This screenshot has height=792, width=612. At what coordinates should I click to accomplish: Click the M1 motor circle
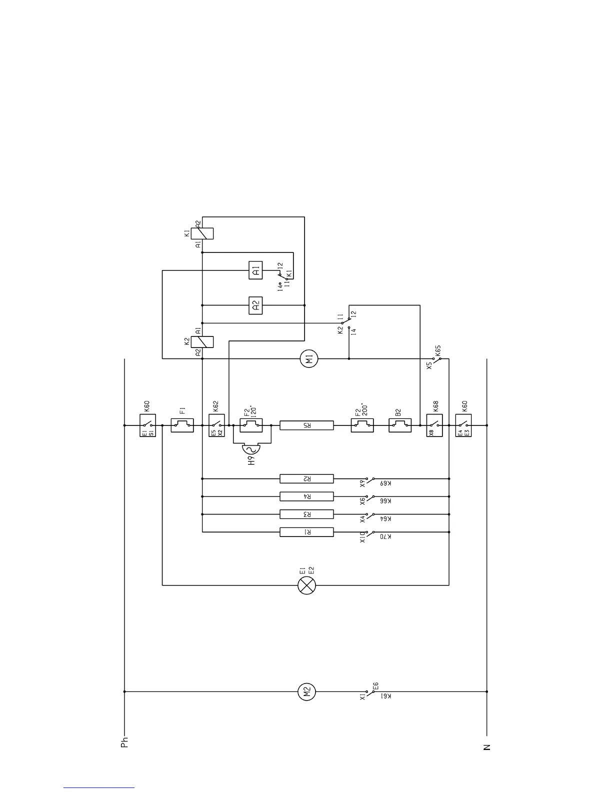tap(309, 358)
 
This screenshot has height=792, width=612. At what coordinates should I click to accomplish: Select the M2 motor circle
tap(307, 692)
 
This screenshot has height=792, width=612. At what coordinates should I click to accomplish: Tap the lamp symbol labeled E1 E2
tap(306, 585)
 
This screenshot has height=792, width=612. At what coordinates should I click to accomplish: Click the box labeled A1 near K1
tap(255, 271)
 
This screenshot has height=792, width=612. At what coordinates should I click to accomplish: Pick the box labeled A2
tap(255, 305)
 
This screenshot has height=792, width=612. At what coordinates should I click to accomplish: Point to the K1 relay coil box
tap(206, 233)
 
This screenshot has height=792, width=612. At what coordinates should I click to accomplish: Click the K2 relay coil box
tap(206, 341)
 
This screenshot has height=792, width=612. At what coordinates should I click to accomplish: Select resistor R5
tap(306, 425)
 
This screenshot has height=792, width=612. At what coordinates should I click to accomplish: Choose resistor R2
tap(306, 479)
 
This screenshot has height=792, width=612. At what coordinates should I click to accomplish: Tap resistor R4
tap(306, 496)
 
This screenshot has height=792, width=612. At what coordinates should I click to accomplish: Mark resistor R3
tap(306, 514)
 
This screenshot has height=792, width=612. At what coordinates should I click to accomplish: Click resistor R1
tap(306, 532)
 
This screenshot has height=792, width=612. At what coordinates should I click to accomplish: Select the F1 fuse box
tap(182, 425)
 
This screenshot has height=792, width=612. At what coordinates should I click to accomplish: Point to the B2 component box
tap(400, 425)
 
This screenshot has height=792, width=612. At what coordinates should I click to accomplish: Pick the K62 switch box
tap(216, 425)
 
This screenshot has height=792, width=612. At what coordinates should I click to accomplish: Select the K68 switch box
tap(434, 425)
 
